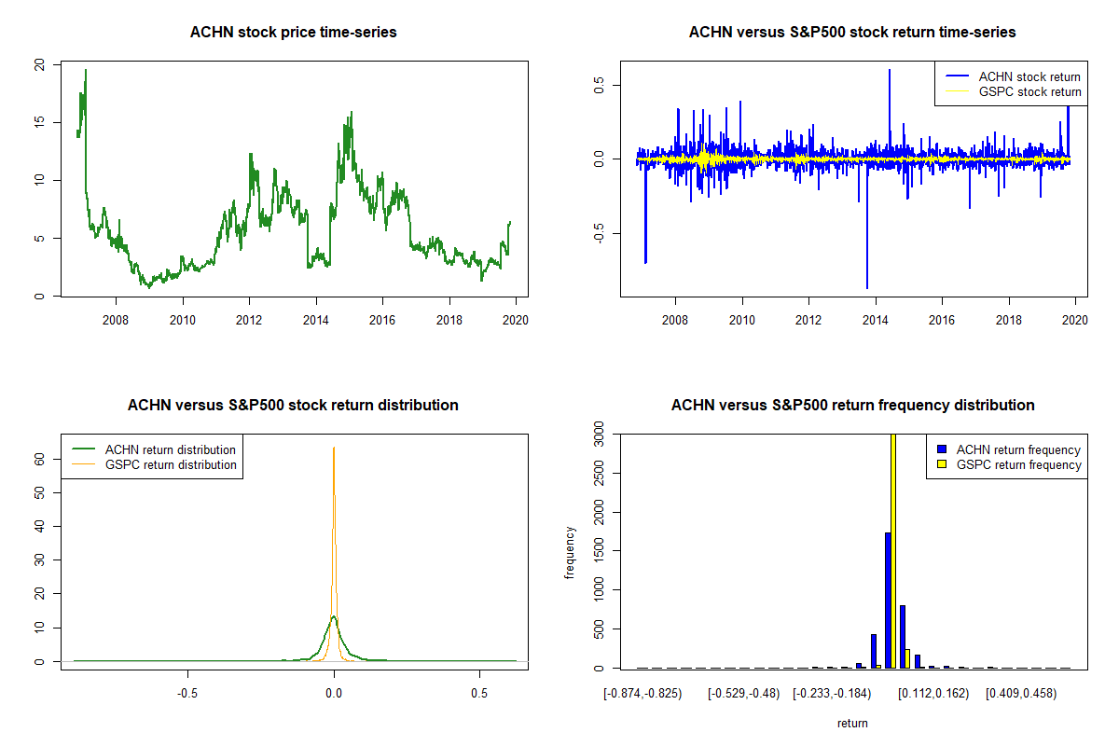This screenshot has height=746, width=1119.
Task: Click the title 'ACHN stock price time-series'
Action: (293, 32)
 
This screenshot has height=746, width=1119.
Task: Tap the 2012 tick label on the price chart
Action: (249, 320)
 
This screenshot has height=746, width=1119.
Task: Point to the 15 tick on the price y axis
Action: (39, 121)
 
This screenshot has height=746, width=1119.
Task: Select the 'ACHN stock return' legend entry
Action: (1013, 76)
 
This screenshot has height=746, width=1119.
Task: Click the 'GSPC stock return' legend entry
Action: (1013, 91)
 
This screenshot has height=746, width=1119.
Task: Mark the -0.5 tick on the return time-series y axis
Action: (599, 233)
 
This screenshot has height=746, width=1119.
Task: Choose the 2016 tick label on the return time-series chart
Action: (942, 320)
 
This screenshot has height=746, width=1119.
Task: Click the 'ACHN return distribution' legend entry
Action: (153, 449)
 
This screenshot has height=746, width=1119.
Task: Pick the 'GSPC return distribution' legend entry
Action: (153, 464)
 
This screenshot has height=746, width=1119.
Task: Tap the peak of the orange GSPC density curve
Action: (334, 448)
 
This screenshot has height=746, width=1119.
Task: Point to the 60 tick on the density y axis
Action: (39, 459)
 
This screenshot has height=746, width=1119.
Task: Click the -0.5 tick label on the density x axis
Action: (187, 694)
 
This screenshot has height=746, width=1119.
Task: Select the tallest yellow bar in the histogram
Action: (893, 550)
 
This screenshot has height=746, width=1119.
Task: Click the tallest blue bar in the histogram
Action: (888, 601)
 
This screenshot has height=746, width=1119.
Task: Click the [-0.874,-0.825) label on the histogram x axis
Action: (642, 694)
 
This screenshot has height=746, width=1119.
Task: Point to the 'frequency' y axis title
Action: (570, 552)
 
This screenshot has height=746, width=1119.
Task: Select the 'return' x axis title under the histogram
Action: (852, 723)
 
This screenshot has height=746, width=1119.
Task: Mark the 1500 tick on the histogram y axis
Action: (599, 550)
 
